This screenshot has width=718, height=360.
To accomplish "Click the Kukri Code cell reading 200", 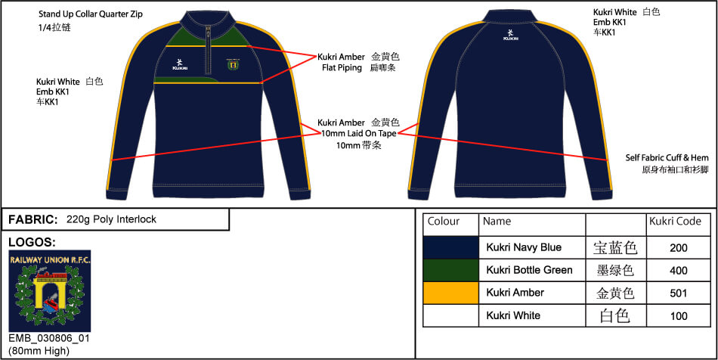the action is click(678, 248).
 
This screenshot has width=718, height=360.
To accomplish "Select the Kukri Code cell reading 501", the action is click(678, 293).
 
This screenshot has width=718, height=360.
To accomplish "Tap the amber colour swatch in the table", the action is click(450, 293).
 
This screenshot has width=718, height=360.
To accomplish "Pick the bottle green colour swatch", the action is click(450, 270).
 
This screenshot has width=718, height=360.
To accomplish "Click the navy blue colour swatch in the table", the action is click(450, 248).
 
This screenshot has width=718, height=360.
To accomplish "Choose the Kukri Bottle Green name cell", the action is click(529, 270).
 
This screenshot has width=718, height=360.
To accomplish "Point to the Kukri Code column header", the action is click(675, 222).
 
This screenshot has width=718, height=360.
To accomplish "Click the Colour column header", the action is click(443, 222).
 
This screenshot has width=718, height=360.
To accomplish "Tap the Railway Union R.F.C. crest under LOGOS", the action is click(50, 291).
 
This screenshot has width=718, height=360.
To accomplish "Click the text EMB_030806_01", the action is click(49, 339).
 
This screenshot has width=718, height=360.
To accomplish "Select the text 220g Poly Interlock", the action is click(111, 219).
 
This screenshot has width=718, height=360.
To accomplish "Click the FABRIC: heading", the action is click(33, 219).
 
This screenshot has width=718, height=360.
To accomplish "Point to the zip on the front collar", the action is click(209, 49).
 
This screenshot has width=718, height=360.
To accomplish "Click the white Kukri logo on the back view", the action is click(511, 36).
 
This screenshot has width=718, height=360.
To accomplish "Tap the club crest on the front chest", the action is click(232, 64).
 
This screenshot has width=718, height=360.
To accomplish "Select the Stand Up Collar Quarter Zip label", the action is click(91, 14).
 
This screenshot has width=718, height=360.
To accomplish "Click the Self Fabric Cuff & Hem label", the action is click(667, 158).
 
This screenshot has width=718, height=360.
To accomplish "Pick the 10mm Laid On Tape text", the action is click(358, 134).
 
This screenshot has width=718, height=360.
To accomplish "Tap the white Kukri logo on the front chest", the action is click(180, 64).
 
